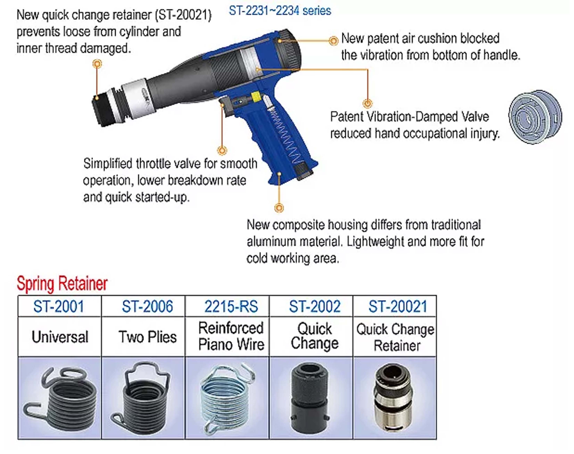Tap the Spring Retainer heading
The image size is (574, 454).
[62, 284]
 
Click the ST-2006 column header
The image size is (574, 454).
[147, 306]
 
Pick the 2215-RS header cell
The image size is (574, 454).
[231, 306]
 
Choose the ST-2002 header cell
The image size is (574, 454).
[315, 306]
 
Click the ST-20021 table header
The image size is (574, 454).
[398, 306]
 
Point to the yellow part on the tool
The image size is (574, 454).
[256, 97]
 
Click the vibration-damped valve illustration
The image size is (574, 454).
[535, 117]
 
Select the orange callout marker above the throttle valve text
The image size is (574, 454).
[222, 150]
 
